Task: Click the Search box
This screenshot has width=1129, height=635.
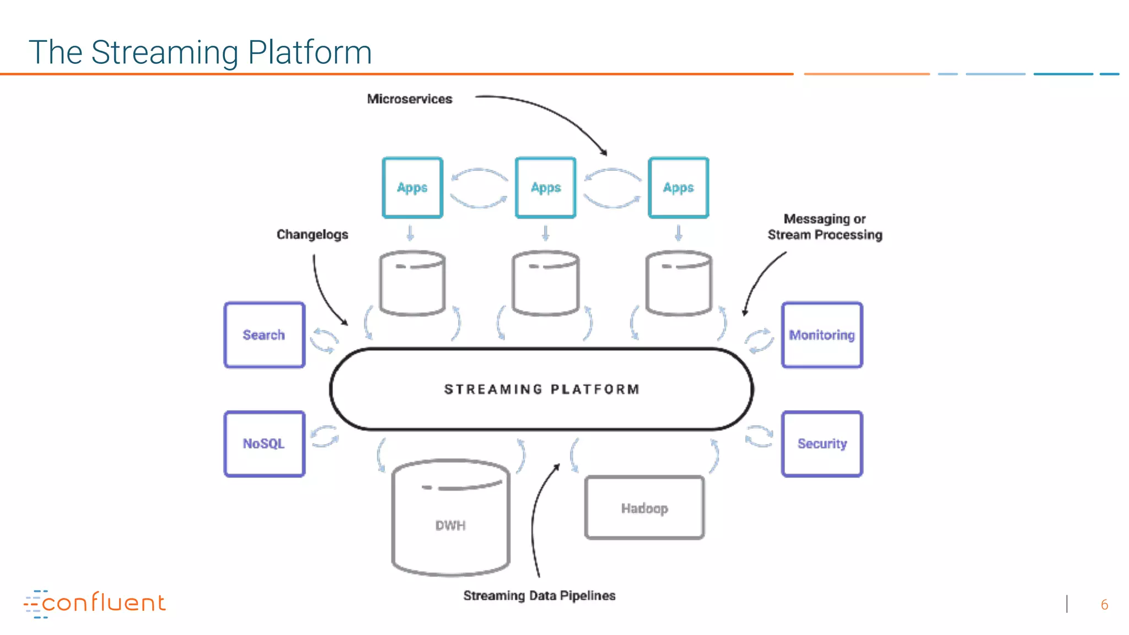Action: tap(264, 335)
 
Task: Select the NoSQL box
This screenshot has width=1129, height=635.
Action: tap(264, 444)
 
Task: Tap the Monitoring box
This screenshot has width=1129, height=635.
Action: tap(822, 335)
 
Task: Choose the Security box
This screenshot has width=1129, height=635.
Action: tap(822, 444)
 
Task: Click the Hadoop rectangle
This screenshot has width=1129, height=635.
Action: tap(644, 508)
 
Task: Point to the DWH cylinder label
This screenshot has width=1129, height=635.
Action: tap(450, 525)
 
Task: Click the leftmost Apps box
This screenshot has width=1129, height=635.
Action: tap(412, 188)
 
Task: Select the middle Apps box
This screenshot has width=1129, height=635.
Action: tap(546, 188)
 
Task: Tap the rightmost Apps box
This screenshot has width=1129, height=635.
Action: tap(679, 188)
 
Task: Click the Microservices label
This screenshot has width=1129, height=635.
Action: tap(410, 99)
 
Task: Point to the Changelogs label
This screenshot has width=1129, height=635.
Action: tap(313, 235)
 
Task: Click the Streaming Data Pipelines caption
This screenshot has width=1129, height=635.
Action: tap(539, 596)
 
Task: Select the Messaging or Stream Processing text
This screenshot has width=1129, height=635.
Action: tap(825, 227)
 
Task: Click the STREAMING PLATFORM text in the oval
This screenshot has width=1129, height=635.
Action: tap(542, 389)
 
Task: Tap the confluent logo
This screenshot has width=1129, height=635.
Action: tap(95, 604)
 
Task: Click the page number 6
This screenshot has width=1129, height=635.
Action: tap(1104, 605)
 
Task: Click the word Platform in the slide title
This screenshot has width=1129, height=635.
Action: tap(310, 52)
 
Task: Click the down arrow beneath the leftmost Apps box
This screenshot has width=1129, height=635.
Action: tap(410, 233)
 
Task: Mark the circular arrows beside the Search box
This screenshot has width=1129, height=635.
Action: tap(324, 340)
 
